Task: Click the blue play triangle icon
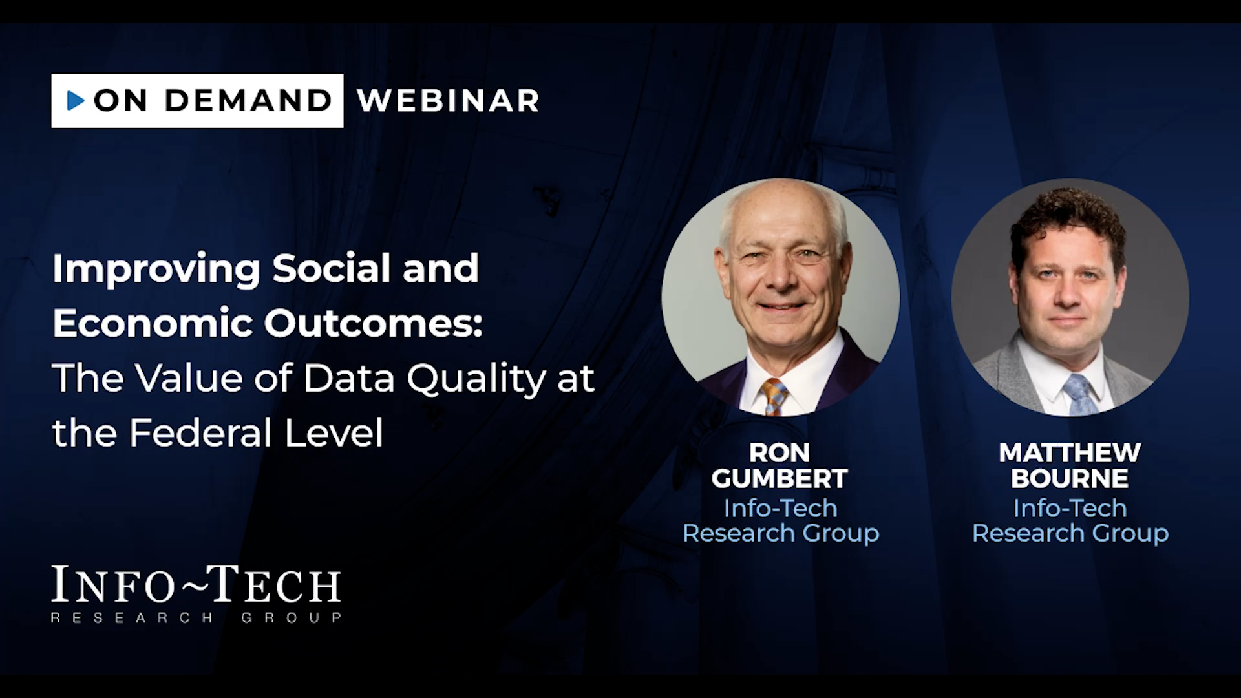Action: (x=76, y=100)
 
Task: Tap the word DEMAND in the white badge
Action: (x=248, y=100)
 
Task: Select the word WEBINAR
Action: (x=448, y=100)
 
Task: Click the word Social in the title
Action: (x=331, y=268)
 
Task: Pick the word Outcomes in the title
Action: (x=374, y=323)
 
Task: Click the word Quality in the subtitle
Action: (x=476, y=379)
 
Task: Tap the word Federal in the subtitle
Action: (x=200, y=432)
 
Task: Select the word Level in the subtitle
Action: (x=334, y=432)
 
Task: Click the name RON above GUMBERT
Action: (x=780, y=452)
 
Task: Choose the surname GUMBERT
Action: (x=780, y=479)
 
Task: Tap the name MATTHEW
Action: (x=1070, y=452)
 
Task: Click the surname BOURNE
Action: (x=1070, y=479)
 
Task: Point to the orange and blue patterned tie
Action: (x=774, y=396)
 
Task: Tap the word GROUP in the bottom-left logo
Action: (x=292, y=618)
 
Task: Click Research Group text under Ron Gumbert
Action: (x=781, y=533)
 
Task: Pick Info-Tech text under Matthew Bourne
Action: (x=1070, y=508)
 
